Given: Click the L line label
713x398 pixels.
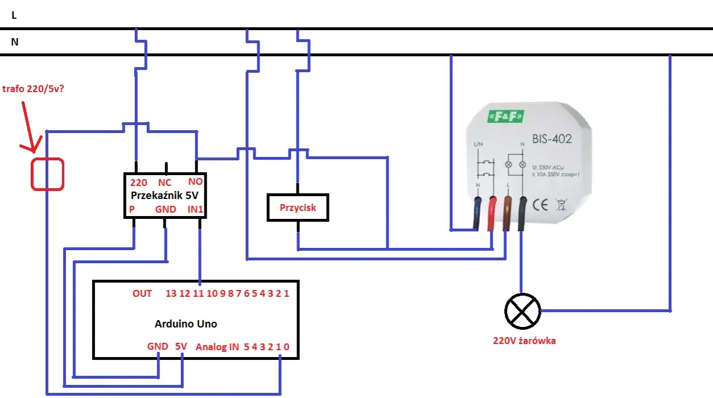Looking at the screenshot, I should pyautogui.click(x=14, y=16).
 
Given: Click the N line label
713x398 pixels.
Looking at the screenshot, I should pyautogui.click(x=15, y=42).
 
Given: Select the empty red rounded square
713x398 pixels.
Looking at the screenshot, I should pyautogui.click(x=47, y=174).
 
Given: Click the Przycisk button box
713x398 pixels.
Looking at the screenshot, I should pyautogui.click(x=298, y=208).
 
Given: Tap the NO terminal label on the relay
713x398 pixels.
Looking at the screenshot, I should pyautogui.click(x=195, y=183).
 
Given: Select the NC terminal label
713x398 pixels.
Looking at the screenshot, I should pyautogui.click(x=165, y=183).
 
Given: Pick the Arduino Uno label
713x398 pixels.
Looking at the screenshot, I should pyautogui.click(x=186, y=324).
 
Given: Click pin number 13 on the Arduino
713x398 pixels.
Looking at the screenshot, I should pyautogui.click(x=171, y=293).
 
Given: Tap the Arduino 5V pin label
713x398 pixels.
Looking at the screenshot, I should pyautogui.click(x=180, y=346).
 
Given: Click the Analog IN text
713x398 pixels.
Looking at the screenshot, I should pyautogui.click(x=217, y=346).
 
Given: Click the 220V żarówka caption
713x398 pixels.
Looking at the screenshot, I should pyautogui.click(x=524, y=341).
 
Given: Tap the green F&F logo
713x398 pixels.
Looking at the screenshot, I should pyautogui.click(x=504, y=117).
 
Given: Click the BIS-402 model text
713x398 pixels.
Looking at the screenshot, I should pyautogui.click(x=552, y=138).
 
